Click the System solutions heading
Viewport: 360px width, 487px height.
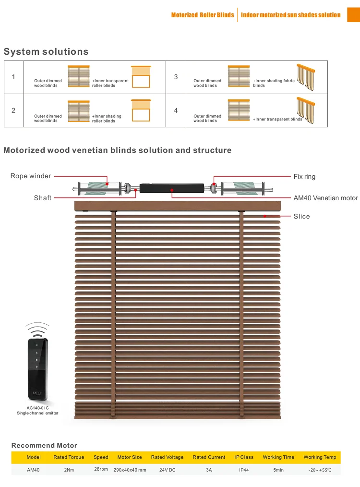pos(46,51)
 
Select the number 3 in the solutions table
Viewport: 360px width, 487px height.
pos(176,77)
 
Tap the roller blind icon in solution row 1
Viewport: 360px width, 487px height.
pos(141,76)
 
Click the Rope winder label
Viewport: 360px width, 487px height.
pos(31,176)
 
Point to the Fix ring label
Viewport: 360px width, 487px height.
pos(304,177)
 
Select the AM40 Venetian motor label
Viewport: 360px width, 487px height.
pos(325,198)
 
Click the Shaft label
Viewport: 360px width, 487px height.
pos(42,198)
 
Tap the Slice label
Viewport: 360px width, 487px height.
pos(301,217)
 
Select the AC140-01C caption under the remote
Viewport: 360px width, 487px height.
pos(37,408)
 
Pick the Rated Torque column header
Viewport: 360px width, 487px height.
pos(69,457)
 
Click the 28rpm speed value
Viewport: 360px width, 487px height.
pos(101,469)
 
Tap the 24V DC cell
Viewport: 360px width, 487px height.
pos(167,470)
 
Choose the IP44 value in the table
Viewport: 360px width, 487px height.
pos(244,470)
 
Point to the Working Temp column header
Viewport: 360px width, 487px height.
pos(320,457)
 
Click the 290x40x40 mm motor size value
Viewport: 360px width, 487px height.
pos(130,470)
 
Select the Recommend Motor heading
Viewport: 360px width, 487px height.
pos(44,445)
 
